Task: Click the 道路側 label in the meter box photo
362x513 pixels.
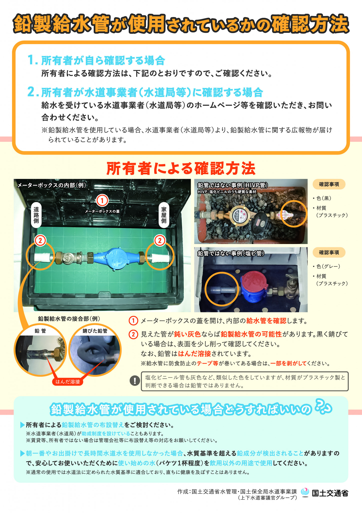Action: pyautogui.click(x=36, y=215)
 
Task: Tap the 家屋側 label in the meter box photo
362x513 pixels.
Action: pyautogui.click(x=164, y=215)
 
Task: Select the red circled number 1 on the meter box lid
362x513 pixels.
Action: pyautogui.click(x=102, y=200)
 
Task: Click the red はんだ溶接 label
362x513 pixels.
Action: pyautogui.click(x=67, y=382)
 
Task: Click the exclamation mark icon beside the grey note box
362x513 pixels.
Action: pyautogui.click(x=135, y=381)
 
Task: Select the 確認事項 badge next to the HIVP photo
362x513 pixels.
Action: pyautogui.click(x=329, y=184)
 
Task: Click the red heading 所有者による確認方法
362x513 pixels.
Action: pyautogui.click(x=181, y=168)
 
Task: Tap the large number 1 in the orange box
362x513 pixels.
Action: pyautogui.click(x=32, y=60)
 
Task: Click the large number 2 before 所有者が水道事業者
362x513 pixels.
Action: pyautogui.click(x=32, y=92)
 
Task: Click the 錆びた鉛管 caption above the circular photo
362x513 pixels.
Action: pyautogui.click(x=95, y=331)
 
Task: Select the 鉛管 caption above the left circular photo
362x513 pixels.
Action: pyautogui.click(x=40, y=331)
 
